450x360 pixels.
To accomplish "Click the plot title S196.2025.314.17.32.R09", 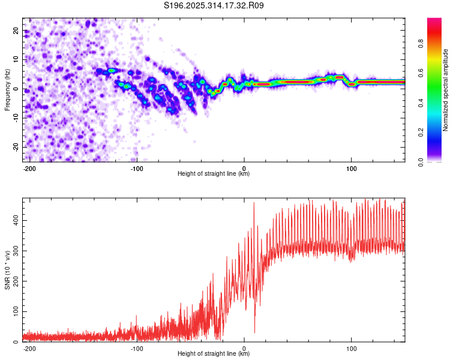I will [x=214, y=5].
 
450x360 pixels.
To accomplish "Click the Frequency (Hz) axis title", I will [x=7, y=89].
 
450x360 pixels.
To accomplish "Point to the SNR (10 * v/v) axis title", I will [x=7, y=269].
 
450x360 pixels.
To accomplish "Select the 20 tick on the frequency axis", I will [x=16, y=30].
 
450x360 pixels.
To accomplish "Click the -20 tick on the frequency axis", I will [x=14, y=147].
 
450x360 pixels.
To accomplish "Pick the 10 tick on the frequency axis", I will [x=16, y=59].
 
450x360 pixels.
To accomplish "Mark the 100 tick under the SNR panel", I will [x=351, y=348].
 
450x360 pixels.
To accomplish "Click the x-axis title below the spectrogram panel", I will [x=214, y=174].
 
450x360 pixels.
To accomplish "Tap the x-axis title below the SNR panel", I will [x=214, y=354].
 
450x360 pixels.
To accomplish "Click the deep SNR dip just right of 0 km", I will [x=254, y=332].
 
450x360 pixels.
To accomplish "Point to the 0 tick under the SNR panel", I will [x=244, y=348].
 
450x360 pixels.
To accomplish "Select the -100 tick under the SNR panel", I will [x=137, y=348].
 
